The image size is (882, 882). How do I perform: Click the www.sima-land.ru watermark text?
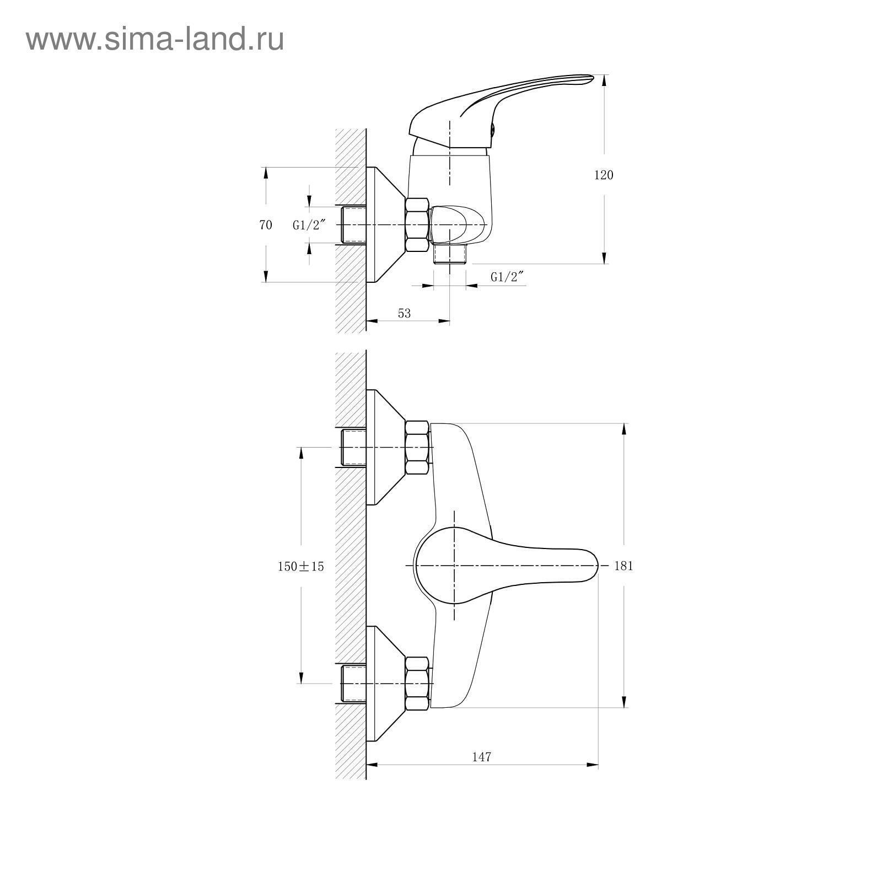(x=155, y=40)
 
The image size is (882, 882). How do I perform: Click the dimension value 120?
(x=603, y=175)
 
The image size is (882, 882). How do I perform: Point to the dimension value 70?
(x=266, y=225)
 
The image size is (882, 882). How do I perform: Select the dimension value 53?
(x=404, y=313)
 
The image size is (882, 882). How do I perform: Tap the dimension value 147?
(x=481, y=757)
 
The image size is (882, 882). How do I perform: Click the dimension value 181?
(x=623, y=566)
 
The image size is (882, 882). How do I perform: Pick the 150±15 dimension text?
(x=301, y=566)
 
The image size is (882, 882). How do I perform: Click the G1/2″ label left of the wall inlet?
(x=309, y=225)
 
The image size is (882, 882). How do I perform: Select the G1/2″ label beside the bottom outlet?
(x=507, y=277)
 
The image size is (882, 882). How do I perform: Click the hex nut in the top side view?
(x=417, y=225)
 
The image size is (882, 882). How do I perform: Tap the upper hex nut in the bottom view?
(x=417, y=448)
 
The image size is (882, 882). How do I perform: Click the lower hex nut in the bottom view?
(x=417, y=683)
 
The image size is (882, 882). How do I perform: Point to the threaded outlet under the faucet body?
(x=450, y=255)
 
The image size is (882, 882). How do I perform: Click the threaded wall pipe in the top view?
(x=354, y=225)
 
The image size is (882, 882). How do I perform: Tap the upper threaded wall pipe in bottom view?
(x=354, y=448)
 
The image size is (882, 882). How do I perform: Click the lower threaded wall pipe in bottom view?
(x=354, y=684)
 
